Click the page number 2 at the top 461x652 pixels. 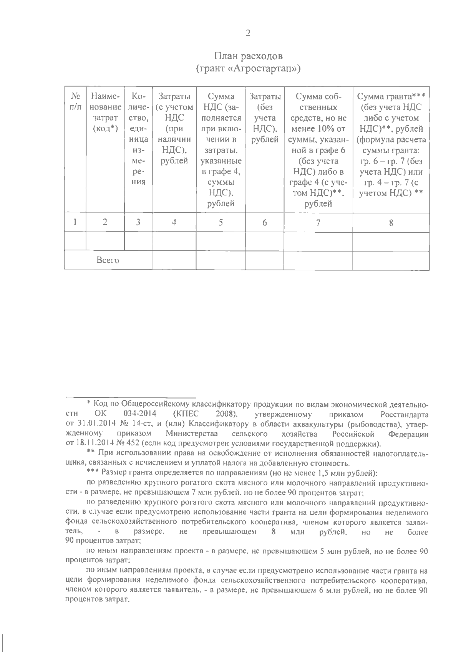point(248,33)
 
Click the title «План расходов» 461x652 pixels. point(248,56)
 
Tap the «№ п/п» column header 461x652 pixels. point(75,101)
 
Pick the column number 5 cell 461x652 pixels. point(221,222)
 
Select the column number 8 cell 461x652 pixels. point(391,222)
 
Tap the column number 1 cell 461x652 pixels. point(75,222)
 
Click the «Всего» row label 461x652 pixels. point(108,260)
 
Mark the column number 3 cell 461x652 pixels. point(138,222)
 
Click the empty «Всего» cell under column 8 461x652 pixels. point(391,260)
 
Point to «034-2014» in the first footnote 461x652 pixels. point(137,415)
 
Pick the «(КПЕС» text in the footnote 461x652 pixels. point(181,415)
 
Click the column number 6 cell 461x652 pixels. point(264,222)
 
